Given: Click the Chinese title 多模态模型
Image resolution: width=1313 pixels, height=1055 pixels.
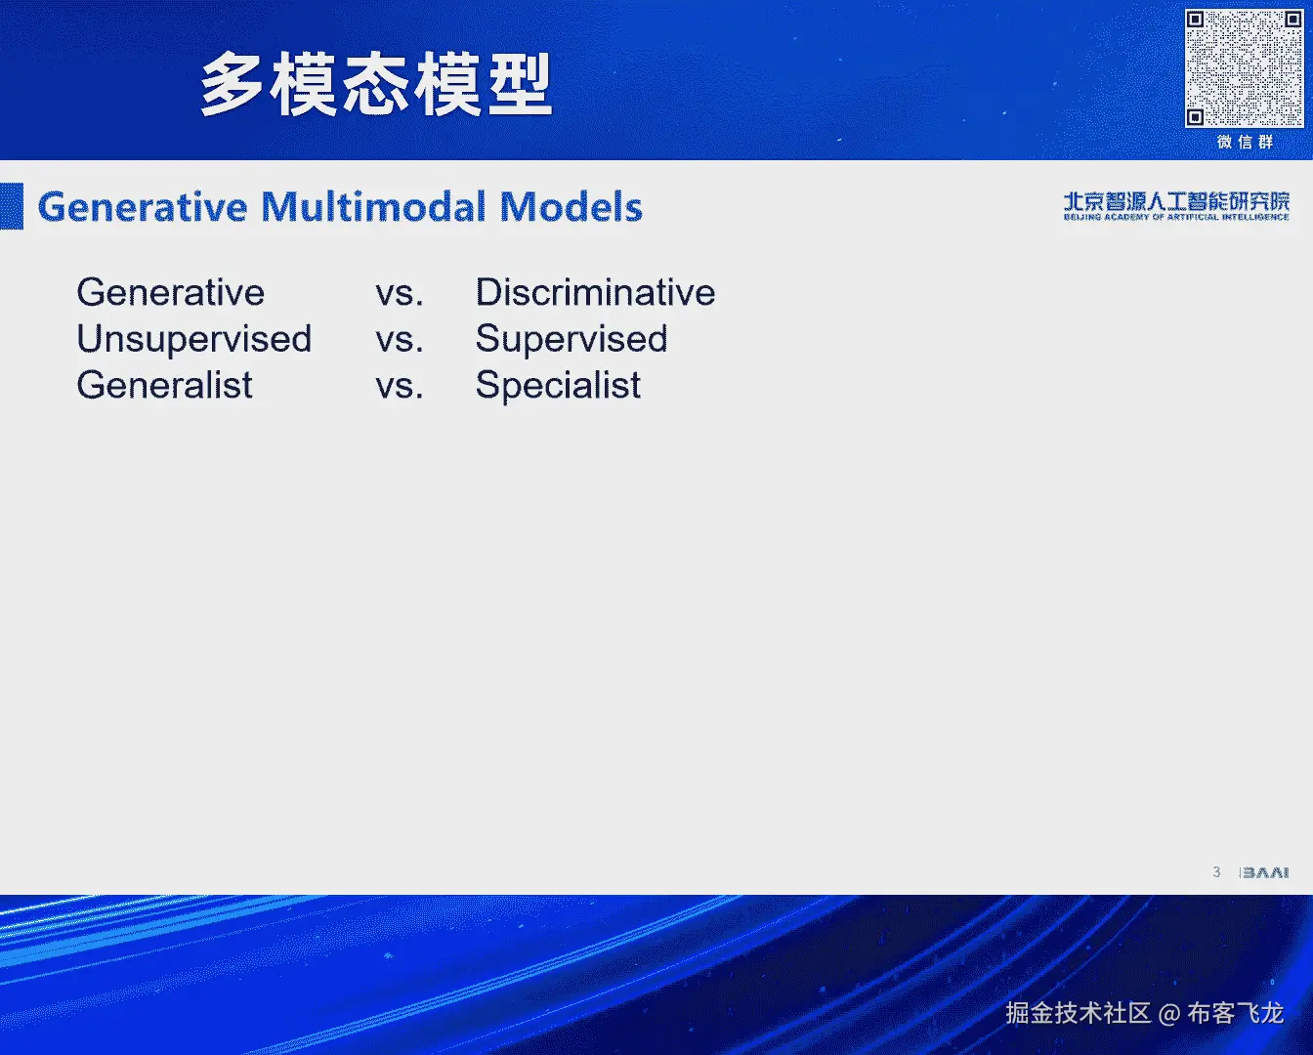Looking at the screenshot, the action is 376,84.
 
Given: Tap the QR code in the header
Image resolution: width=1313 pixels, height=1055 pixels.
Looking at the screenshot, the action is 1244,68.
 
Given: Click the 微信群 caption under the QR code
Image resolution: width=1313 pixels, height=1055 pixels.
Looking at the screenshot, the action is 1245,143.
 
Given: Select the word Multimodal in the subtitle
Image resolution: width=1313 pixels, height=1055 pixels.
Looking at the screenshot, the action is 373,206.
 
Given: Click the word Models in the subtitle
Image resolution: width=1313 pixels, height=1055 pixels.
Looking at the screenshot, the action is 572,206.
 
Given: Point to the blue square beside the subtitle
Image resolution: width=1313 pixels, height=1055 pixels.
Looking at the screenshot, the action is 12,206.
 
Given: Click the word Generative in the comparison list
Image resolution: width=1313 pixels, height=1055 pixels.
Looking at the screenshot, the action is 171,292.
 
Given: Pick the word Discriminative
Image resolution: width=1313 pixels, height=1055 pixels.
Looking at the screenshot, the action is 595,292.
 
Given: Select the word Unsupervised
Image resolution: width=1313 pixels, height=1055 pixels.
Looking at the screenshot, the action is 194,339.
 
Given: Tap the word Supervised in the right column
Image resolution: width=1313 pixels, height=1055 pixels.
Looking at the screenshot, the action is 572,339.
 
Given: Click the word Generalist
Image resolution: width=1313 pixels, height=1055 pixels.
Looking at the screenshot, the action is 164,385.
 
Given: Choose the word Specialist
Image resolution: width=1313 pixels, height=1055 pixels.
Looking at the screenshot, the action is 558,386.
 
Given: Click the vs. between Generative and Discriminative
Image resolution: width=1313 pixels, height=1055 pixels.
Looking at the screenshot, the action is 399,294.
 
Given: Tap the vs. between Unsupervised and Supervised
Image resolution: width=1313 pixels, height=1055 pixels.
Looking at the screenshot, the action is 399,341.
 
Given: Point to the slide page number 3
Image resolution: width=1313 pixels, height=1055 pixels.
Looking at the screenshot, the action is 1216,872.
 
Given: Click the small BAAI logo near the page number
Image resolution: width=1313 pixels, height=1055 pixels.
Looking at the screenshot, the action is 1265,872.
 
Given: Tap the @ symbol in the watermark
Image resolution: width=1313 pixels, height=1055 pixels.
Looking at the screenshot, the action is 1168,1014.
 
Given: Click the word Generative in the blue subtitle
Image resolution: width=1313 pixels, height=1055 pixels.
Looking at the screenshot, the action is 143,206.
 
